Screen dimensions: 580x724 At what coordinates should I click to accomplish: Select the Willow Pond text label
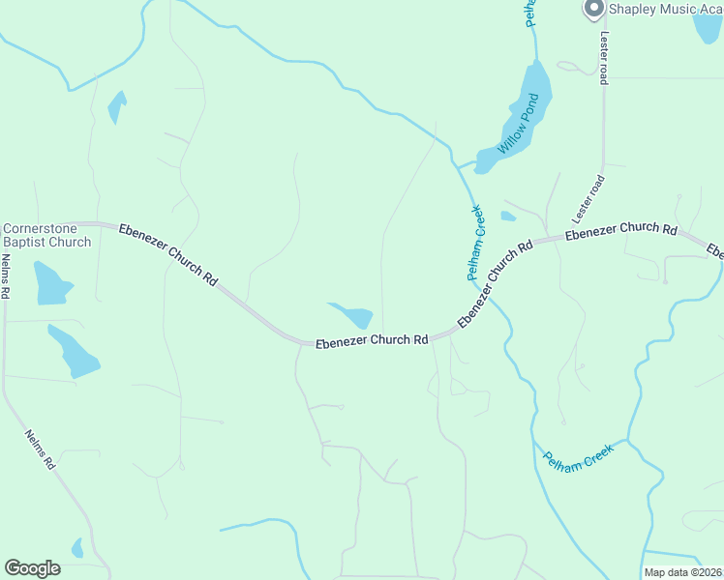click(517, 125)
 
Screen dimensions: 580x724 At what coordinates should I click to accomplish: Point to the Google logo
click(32, 568)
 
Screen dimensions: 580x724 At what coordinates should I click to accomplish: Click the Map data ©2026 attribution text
click(682, 572)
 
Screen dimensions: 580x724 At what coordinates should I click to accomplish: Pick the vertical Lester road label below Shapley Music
click(603, 56)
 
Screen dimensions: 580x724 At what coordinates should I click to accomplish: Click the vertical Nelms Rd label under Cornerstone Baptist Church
click(5, 275)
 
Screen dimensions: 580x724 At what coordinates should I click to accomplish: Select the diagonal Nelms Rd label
click(39, 449)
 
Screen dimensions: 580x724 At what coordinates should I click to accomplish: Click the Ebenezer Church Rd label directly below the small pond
click(372, 340)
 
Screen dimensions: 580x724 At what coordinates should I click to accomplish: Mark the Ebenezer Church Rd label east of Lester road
click(620, 230)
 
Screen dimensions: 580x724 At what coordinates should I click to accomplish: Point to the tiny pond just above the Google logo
click(77, 548)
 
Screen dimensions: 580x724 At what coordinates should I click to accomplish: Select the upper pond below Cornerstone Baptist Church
click(51, 283)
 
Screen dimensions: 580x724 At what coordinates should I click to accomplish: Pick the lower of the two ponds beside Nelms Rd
click(75, 352)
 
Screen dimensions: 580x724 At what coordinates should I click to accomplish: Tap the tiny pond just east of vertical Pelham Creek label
click(508, 217)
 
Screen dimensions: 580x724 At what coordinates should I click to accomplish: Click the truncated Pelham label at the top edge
click(530, 12)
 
